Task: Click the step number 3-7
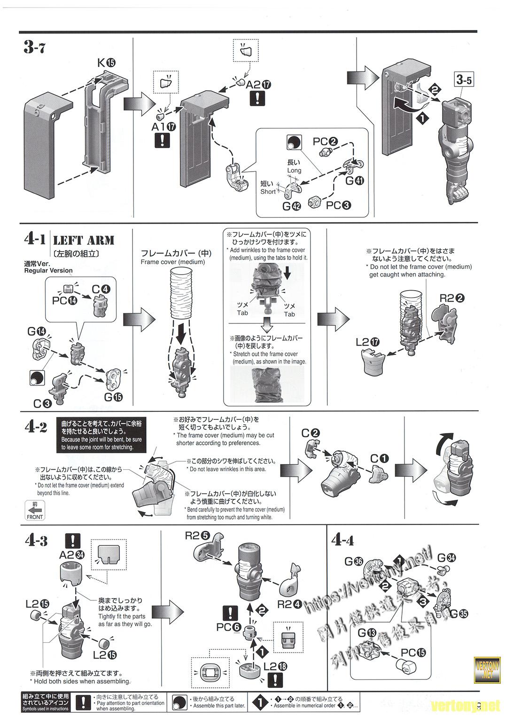34,47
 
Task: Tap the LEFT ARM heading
84,241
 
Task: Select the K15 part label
106,63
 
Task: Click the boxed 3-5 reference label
464,79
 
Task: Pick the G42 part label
291,205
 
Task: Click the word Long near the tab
294,170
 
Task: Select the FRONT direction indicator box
35,510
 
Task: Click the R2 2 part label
452,298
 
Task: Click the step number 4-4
342,540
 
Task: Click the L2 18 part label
276,666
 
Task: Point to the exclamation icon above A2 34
73,541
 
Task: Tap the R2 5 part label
197,535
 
